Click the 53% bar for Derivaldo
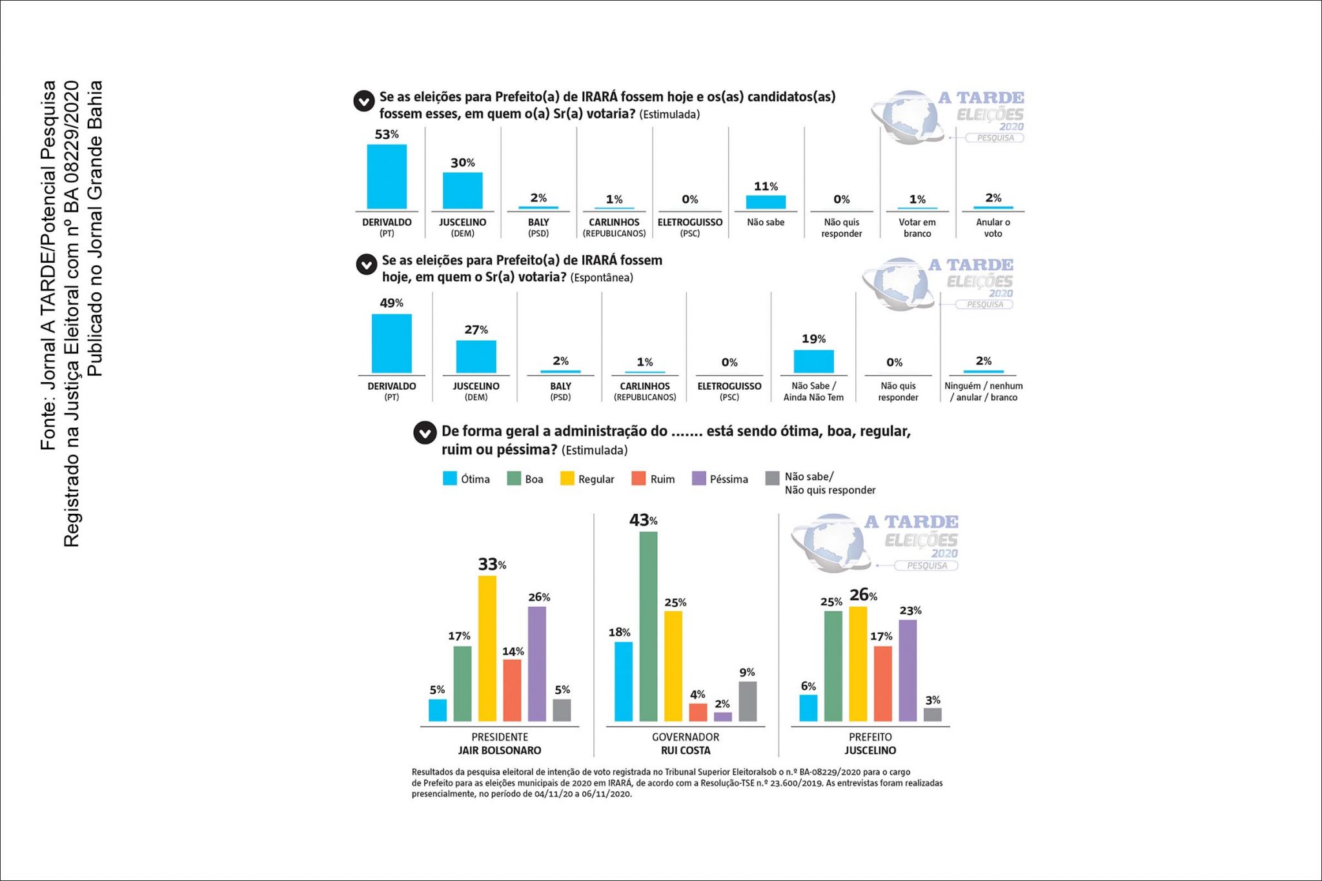[387, 176]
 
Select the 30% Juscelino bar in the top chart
[462, 190]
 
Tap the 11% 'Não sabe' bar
[766, 202]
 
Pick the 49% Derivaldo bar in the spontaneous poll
[391, 343]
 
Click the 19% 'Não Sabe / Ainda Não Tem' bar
[813, 361]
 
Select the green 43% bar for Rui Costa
[648, 626]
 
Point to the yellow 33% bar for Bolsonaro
[487, 648]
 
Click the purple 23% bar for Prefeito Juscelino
[908, 670]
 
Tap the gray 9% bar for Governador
[747, 701]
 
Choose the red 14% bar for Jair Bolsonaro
[512, 690]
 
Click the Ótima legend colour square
[449, 478]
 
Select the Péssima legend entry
[720, 478]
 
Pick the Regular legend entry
[587, 478]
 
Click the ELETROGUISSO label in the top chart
[690, 222]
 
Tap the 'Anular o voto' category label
[993, 228]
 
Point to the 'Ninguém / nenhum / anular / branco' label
[984, 392]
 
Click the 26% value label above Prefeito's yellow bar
[863, 594]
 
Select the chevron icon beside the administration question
[425, 433]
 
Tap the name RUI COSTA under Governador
[686, 751]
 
